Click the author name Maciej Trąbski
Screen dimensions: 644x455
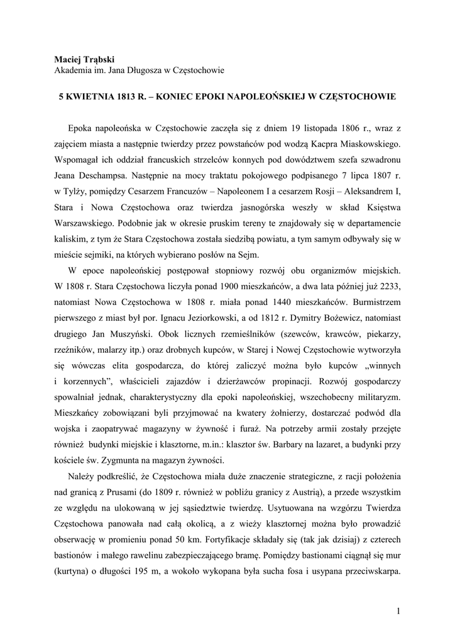coord(84,58)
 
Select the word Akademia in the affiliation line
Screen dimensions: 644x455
coord(74,70)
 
